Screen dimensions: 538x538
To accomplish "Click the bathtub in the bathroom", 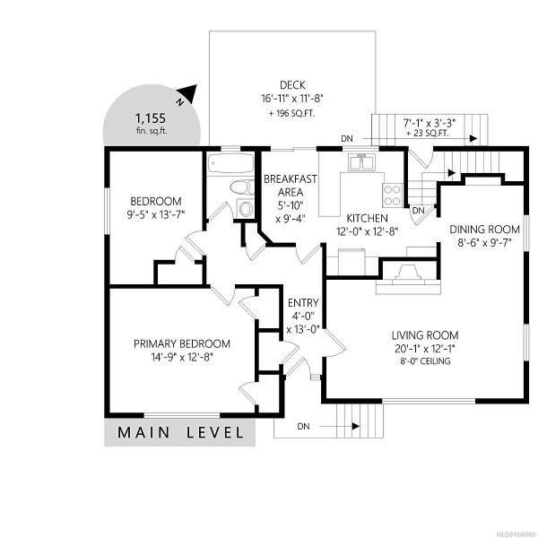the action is tap(231, 164).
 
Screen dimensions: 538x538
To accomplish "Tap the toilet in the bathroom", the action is tap(242, 188).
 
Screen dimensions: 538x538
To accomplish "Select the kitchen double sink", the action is tap(362, 162).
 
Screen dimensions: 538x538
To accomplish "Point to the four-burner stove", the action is tap(392, 195).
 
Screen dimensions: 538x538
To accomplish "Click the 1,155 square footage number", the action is tap(151, 118).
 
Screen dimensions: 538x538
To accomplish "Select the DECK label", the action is tap(292, 85).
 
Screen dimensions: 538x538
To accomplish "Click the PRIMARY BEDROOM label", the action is tap(182, 343).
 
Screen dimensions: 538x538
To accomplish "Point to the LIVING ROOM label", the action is tap(425, 335).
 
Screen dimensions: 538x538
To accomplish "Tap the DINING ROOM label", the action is tap(484, 230).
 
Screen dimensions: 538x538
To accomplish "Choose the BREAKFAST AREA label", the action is tap(291, 186).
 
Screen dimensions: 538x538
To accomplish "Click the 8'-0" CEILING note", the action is tap(425, 361).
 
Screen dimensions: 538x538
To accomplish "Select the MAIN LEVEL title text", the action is tap(181, 432).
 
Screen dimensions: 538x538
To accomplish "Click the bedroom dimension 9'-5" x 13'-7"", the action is tap(156, 215).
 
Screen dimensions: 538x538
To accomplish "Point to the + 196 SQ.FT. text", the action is tap(291, 114).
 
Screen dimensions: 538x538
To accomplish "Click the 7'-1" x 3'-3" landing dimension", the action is tap(429, 122).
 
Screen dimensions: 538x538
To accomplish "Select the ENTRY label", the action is tap(303, 303).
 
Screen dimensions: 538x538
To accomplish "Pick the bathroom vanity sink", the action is tap(246, 208).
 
